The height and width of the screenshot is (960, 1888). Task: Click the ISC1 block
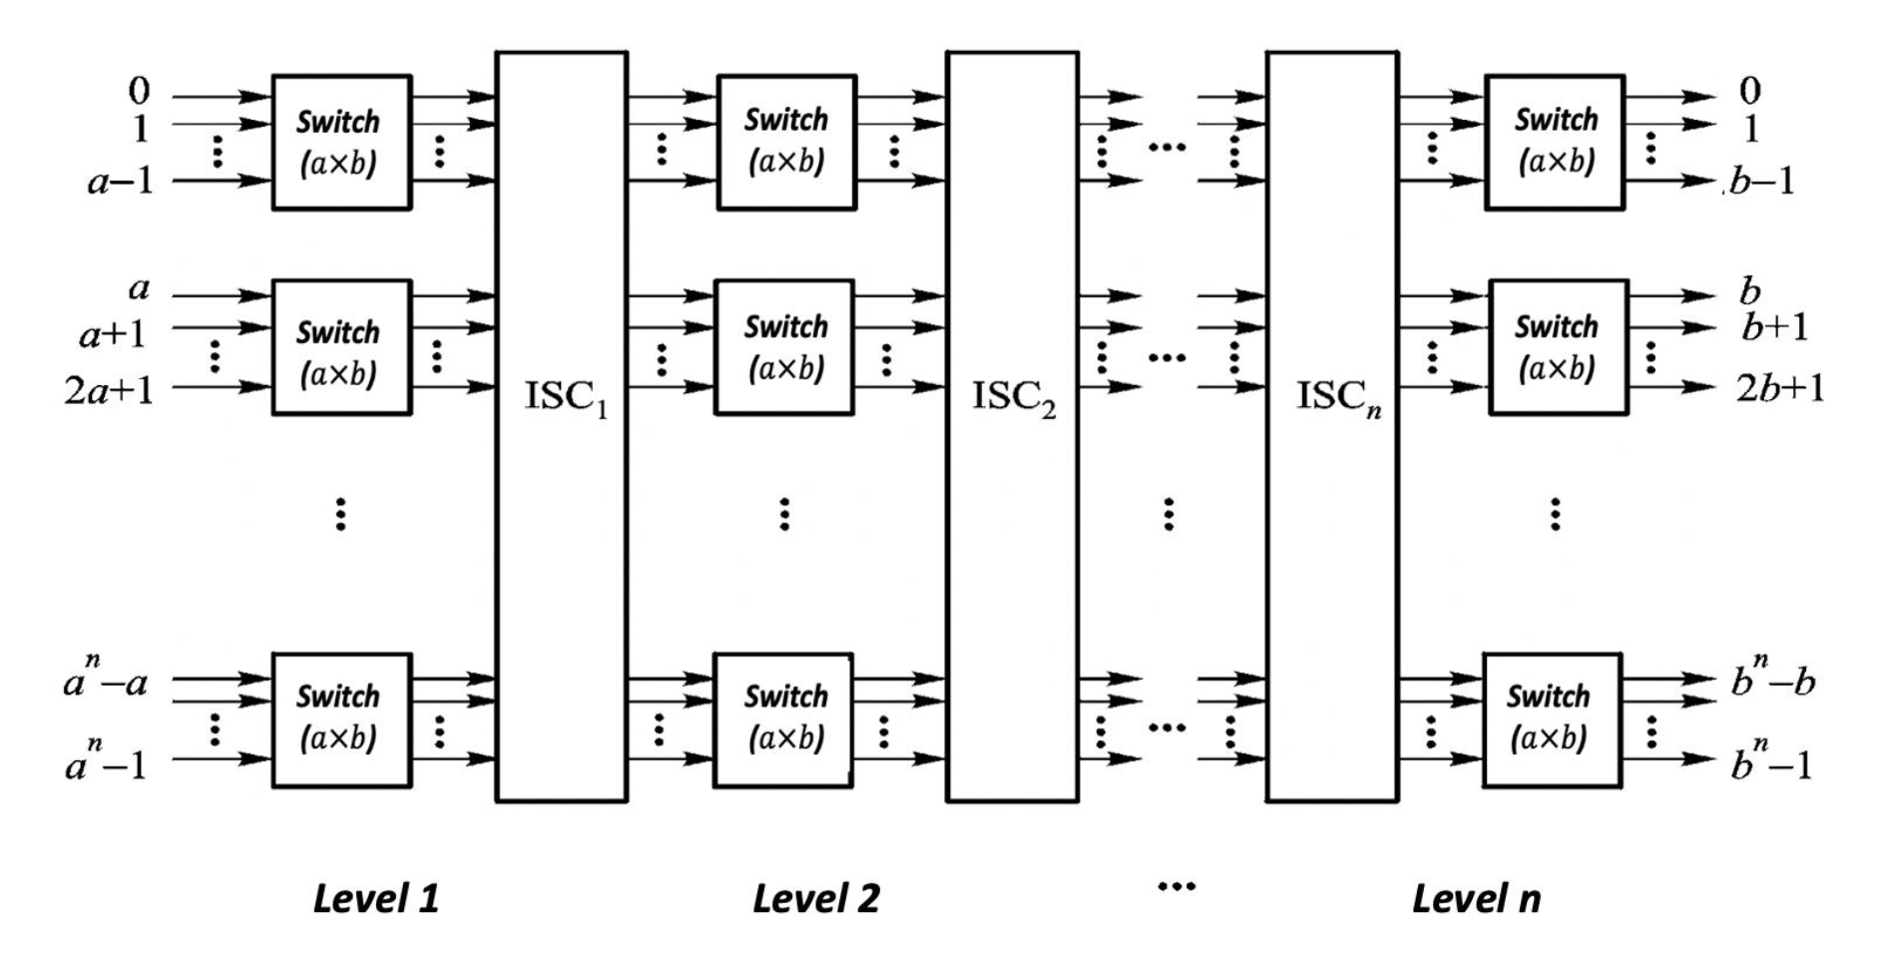[562, 427]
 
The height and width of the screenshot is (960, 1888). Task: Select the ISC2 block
[1012, 427]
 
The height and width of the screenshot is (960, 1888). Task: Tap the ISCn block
[1332, 427]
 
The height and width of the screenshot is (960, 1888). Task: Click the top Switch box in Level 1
[341, 142]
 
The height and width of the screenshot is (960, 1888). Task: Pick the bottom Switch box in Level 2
[783, 719]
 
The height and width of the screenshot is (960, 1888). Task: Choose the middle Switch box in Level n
[1558, 346]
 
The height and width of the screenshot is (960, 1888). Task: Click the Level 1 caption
[376, 898]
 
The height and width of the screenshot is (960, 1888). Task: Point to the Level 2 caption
[816, 898]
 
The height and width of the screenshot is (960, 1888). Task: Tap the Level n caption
[1476, 898]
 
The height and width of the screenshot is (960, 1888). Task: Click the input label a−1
[120, 182]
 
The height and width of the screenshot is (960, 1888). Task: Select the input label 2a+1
[110, 389]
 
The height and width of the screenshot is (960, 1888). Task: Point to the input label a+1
[113, 332]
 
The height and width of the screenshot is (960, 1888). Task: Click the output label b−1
[1762, 181]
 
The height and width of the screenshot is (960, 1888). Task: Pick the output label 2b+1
[1780, 388]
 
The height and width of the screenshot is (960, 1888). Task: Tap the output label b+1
[1775, 327]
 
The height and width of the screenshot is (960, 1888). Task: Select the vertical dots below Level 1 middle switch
[341, 513]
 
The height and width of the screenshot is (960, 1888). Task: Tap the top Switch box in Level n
[1555, 142]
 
